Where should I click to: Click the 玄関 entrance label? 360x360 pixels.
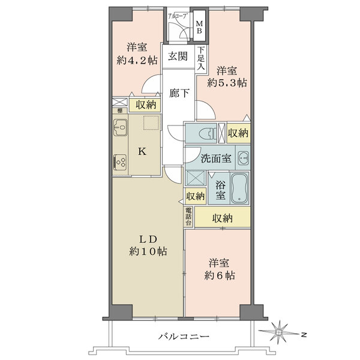[178, 56]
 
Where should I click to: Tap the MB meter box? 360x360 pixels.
[199, 26]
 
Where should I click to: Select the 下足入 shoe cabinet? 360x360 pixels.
[201, 58]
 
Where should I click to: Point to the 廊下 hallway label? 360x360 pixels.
[179, 93]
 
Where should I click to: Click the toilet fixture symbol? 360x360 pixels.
[208, 133]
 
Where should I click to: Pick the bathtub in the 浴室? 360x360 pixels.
[239, 188]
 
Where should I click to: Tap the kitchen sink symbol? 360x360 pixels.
[121, 128]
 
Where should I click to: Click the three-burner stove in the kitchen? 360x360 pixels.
[120, 162]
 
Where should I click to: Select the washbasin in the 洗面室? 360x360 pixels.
[243, 158]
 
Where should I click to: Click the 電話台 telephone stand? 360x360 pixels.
[188, 216]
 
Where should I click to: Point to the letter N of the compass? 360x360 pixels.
[304, 335]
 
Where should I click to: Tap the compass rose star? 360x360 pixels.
[280, 332]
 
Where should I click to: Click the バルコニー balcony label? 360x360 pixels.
[184, 337]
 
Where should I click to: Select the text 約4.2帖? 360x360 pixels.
[137, 61]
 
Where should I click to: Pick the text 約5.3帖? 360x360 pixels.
[227, 83]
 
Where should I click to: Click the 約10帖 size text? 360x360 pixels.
[148, 251]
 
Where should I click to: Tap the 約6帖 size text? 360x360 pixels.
[219, 275]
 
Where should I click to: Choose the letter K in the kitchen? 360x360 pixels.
[142, 152]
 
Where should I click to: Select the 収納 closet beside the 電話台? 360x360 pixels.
[222, 218]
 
